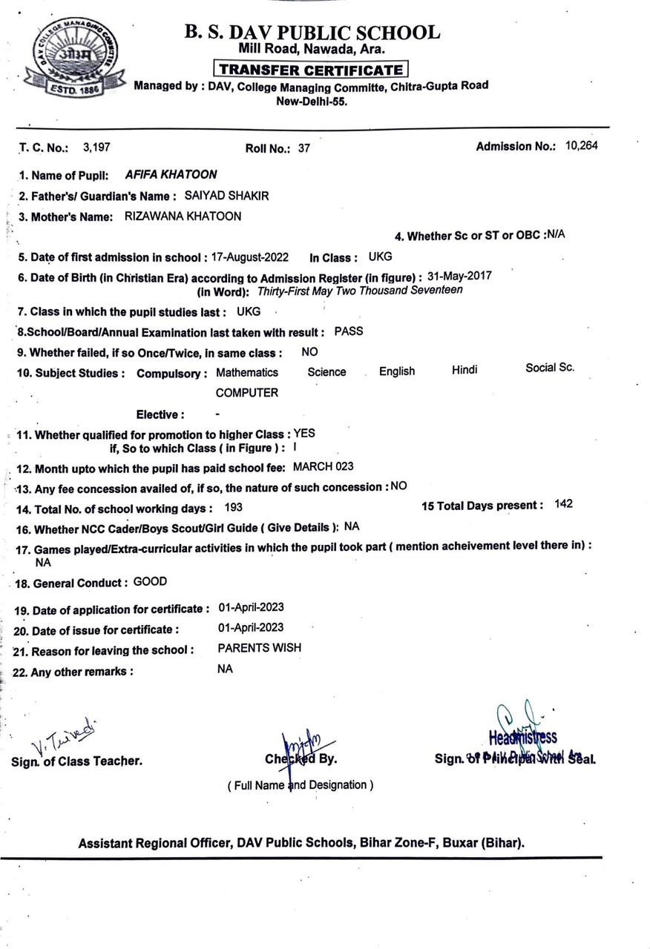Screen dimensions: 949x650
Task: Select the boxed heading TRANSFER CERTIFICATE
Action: (x=310, y=70)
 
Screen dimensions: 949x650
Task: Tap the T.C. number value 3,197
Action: (x=96, y=147)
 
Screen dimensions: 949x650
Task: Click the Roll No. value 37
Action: (x=304, y=148)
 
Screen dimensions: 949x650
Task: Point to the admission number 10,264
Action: (x=581, y=145)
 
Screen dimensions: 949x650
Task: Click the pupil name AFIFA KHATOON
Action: (x=171, y=175)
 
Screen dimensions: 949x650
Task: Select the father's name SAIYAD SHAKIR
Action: (x=226, y=196)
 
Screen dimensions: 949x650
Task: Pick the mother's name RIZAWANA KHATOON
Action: (x=183, y=216)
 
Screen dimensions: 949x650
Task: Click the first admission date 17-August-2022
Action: (x=251, y=257)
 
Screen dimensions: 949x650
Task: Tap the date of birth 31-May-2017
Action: (x=459, y=276)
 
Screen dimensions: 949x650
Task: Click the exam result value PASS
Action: (x=349, y=331)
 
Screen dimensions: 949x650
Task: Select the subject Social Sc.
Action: (x=550, y=367)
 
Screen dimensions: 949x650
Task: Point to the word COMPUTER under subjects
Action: (x=247, y=393)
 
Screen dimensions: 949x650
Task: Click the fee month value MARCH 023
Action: (x=324, y=467)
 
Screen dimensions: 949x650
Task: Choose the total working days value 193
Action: (x=233, y=508)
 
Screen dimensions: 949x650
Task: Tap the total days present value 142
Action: (x=563, y=504)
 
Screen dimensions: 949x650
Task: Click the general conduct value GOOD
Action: (x=150, y=582)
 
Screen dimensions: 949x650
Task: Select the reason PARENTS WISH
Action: (x=260, y=647)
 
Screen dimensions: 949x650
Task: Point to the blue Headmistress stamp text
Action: (x=522, y=737)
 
